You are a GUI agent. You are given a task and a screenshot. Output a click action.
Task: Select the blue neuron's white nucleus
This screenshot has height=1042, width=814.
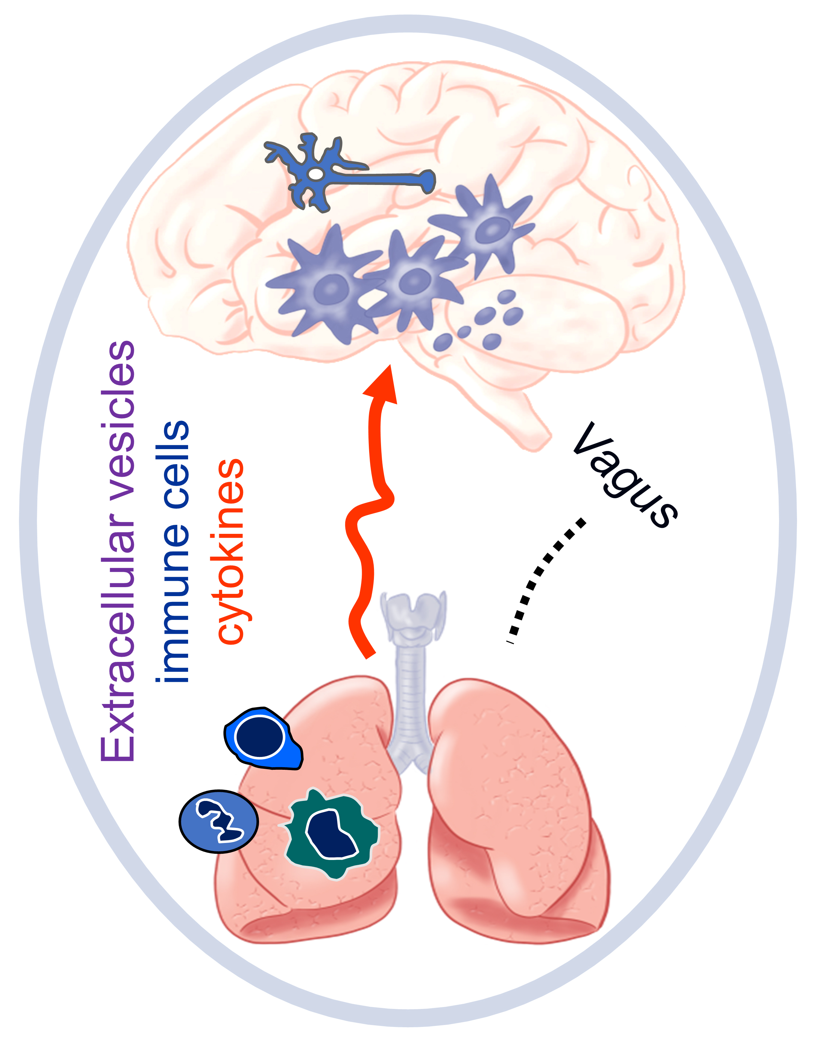click(315, 174)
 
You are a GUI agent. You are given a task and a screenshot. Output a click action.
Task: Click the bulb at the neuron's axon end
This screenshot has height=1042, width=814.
click(428, 180)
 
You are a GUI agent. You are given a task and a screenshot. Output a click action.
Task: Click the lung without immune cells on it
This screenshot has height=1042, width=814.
click(515, 811)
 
